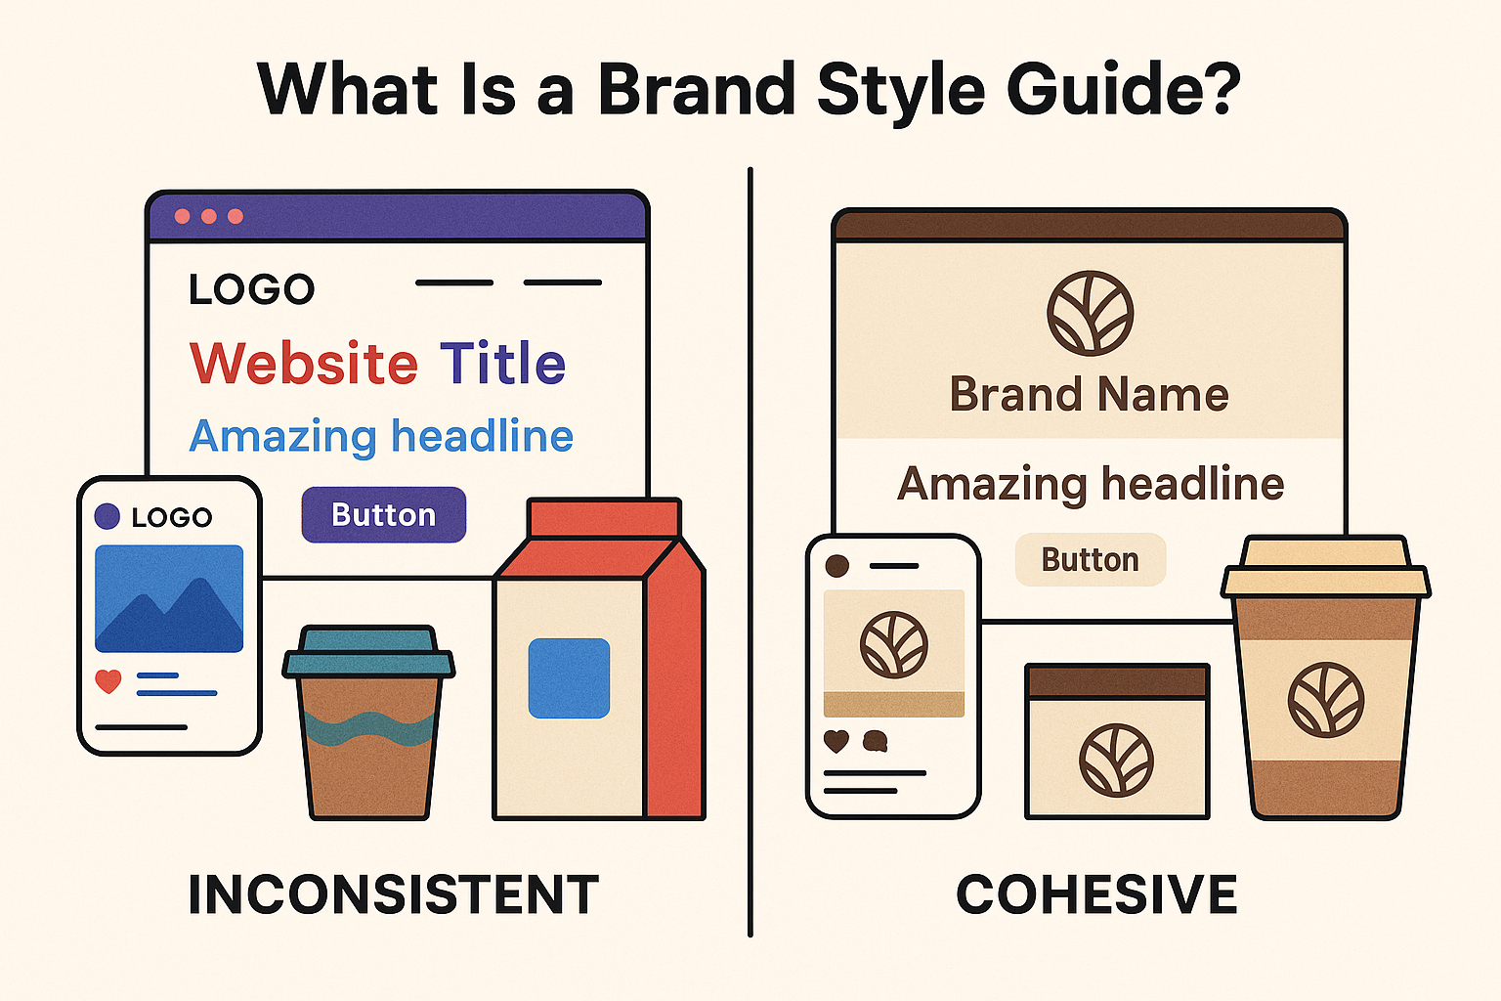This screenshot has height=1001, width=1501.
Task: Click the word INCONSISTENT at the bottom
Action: (394, 894)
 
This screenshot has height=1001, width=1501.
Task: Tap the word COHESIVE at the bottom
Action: (1097, 894)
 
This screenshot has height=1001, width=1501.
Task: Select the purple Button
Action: (384, 515)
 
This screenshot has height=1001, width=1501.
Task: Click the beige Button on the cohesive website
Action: (1091, 560)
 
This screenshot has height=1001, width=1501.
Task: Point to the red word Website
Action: (304, 363)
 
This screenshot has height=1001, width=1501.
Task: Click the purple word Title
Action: (502, 363)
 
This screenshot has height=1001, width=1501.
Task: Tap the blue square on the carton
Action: (569, 678)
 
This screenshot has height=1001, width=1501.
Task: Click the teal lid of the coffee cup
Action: (368, 652)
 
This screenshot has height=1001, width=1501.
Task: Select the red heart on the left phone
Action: (108, 681)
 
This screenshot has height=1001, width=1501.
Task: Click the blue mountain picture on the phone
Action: (169, 598)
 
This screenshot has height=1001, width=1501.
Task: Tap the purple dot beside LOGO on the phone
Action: (107, 516)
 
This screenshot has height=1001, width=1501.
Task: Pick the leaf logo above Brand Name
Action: (1091, 313)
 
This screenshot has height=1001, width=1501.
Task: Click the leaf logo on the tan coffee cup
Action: (1325, 700)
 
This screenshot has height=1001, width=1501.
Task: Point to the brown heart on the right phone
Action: (836, 742)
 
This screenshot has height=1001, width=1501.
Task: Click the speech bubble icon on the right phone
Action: (876, 742)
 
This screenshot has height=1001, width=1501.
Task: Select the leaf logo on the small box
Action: (1116, 761)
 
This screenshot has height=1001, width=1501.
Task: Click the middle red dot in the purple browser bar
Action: (209, 217)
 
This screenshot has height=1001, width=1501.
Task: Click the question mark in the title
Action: (1221, 89)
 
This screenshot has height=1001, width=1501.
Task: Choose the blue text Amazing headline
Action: (381, 437)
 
